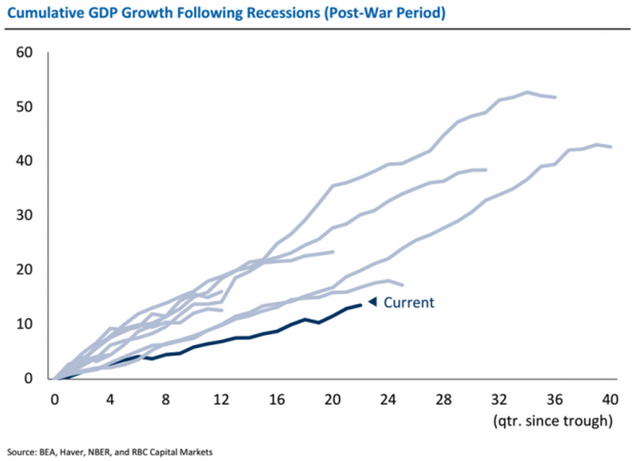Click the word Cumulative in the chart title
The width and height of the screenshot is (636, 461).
pyautogui.click(x=40, y=13)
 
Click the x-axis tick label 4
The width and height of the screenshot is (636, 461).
pyautogui.click(x=110, y=399)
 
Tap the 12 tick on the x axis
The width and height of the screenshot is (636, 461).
pyautogui.click(x=222, y=399)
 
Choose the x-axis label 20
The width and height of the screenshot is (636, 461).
pyautogui.click(x=332, y=399)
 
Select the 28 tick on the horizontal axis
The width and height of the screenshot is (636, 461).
pyautogui.click(x=443, y=399)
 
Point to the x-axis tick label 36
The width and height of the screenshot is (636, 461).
pyautogui.click(x=554, y=399)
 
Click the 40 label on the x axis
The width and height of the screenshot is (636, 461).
pyautogui.click(x=609, y=399)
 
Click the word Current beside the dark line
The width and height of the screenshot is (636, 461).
pyautogui.click(x=409, y=303)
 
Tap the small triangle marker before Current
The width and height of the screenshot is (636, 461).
pyautogui.click(x=373, y=301)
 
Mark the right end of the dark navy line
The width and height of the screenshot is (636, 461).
pyautogui.click(x=361, y=305)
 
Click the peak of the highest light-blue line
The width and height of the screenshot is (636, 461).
pyautogui.click(x=527, y=92)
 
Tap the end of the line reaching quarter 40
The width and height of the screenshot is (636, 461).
pyautogui.click(x=610, y=147)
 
